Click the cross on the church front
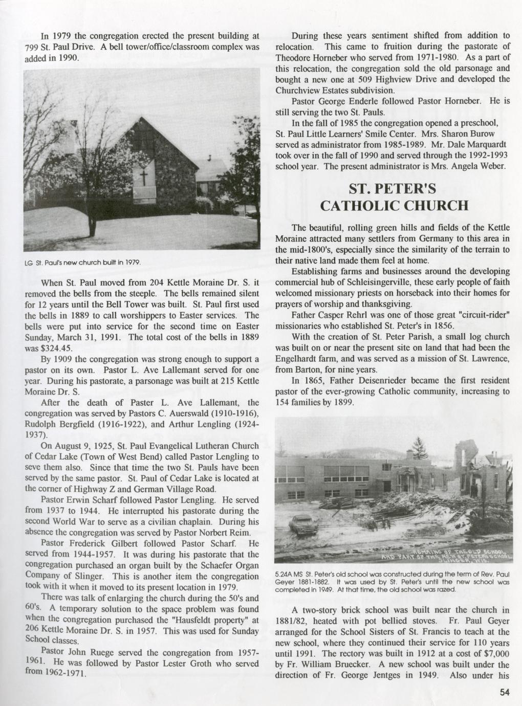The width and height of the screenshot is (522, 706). click(x=144, y=178)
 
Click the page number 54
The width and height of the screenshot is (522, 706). click(x=505, y=693)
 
